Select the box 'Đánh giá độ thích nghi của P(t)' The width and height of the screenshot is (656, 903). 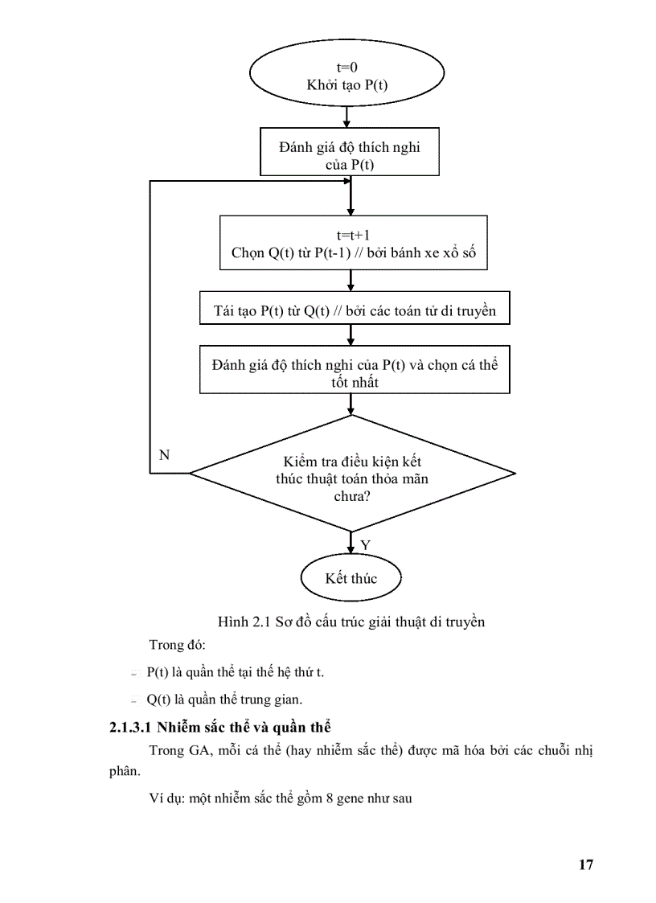click(x=349, y=155)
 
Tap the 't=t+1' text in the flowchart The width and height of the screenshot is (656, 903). click(x=353, y=236)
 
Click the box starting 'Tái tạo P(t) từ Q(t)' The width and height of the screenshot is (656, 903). click(x=355, y=311)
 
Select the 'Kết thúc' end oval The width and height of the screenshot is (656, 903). click(x=351, y=578)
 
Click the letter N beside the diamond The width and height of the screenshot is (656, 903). click(x=164, y=455)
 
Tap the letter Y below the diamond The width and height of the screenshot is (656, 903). click(x=365, y=544)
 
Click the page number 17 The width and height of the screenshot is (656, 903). click(x=585, y=864)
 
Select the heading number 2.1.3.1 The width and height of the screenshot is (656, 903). click(x=131, y=729)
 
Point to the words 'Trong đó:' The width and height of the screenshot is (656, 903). click(x=178, y=645)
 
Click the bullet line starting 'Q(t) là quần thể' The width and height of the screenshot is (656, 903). click(x=219, y=700)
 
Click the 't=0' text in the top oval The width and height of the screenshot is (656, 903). click(x=346, y=68)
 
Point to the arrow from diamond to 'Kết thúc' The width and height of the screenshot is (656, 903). click(x=351, y=543)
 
